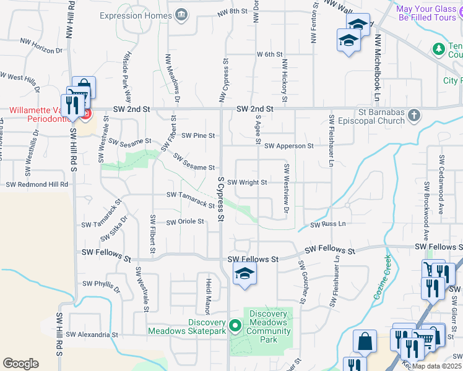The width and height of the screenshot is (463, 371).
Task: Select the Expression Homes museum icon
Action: pyautogui.click(x=182, y=15)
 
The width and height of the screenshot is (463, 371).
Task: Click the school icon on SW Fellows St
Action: pyautogui.click(x=245, y=274)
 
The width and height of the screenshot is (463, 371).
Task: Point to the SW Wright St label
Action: pyautogui.click(x=246, y=182)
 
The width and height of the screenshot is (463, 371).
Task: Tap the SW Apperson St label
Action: pyautogui.click(x=289, y=146)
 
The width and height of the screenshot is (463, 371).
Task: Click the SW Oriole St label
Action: pyautogui.click(x=184, y=221)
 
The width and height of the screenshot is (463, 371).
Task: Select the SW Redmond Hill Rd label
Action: pyautogui.click(x=37, y=185)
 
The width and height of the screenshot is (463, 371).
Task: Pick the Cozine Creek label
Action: pyautogui.click(x=382, y=278)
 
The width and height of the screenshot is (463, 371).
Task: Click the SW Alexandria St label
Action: pyautogui.click(x=92, y=335)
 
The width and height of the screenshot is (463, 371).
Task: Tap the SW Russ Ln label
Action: pyautogui.click(x=327, y=224)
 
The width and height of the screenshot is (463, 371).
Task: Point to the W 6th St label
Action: pyautogui.click(x=270, y=54)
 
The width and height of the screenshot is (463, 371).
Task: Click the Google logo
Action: pyautogui.click(x=20, y=364)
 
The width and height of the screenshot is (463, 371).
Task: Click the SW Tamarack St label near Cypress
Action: pyautogui.click(x=191, y=199)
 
